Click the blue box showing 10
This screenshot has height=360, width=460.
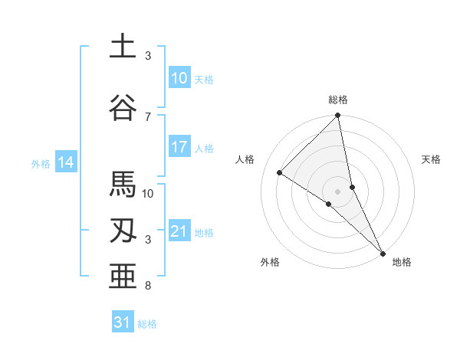pyautogui.click(x=179, y=78)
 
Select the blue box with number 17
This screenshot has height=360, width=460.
pyautogui.click(x=179, y=147)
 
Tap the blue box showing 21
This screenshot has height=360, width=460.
pyautogui.click(x=179, y=231)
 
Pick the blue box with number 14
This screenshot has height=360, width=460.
pyautogui.click(x=65, y=162)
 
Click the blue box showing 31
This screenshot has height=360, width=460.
pyautogui.click(x=123, y=322)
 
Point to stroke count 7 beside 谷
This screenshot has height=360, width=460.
pyautogui.click(x=148, y=116)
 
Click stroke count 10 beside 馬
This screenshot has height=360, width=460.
pyautogui.click(x=148, y=193)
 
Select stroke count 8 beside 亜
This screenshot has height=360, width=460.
pyautogui.click(x=148, y=286)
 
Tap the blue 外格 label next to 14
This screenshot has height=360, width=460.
pyautogui.click(x=41, y=163)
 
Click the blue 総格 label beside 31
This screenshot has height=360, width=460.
pyautogui.click(x=147, y=324)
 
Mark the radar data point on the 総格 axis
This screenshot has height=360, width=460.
pyautogui.click(x=337, y=116)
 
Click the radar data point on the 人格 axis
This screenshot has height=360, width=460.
pyautogui.click(x=280, y=173)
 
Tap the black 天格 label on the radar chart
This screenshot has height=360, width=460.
pyautogui.click(x=432, y=159)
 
